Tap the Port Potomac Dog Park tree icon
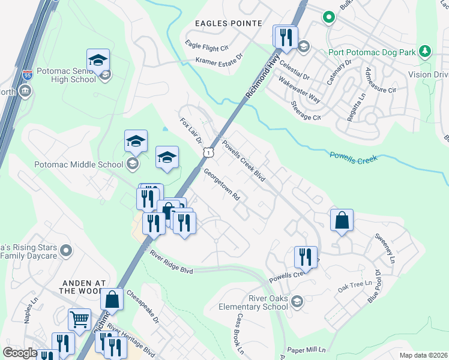(x=425, y=51)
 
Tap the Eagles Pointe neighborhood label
(x=229, y=23)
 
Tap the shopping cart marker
(x=79, y=319)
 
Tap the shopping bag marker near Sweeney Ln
(x=342, y=220)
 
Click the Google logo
(x=20, y=353)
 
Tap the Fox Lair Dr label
(x=190, y=130)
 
